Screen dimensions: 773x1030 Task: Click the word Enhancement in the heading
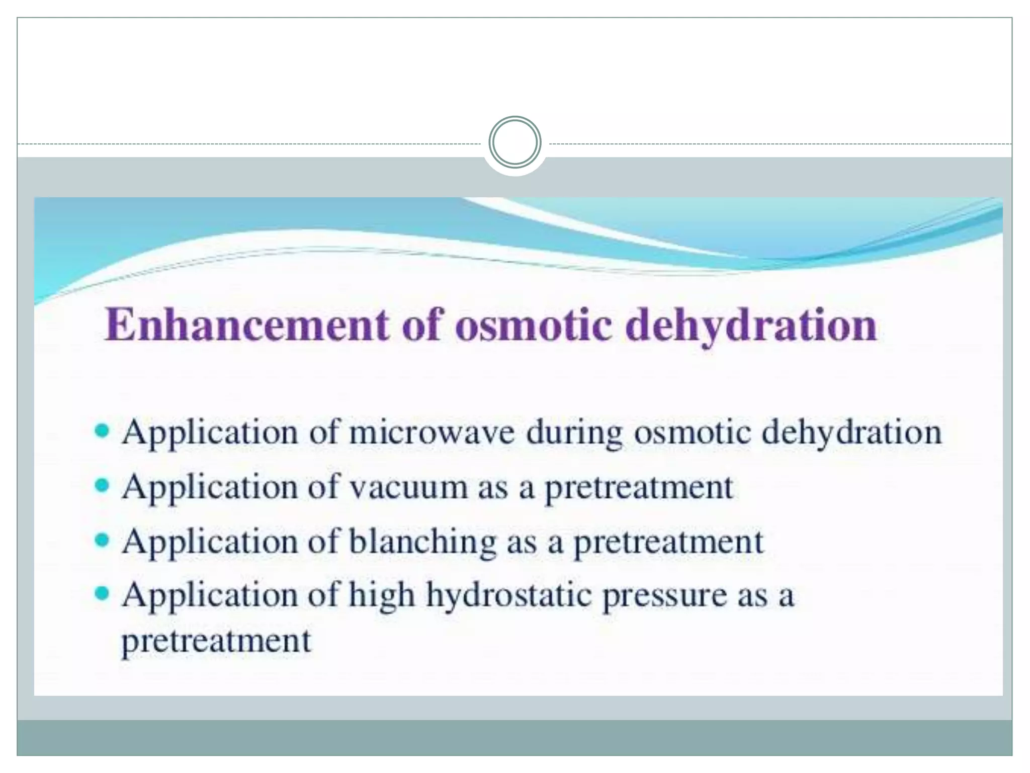click(x=247, y=325)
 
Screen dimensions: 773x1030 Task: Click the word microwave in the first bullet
click(x=432, y=432)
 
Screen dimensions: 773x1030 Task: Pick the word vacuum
click(x=408, y=487)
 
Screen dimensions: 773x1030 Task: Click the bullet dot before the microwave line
click(x=102, y=431)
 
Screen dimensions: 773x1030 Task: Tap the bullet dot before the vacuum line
click(x=102, y=486)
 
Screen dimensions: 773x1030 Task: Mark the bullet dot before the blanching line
click(x=102, y=540)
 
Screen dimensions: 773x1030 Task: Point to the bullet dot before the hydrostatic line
click(x=102, y=594)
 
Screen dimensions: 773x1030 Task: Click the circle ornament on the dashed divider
click(x=514, y=142)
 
